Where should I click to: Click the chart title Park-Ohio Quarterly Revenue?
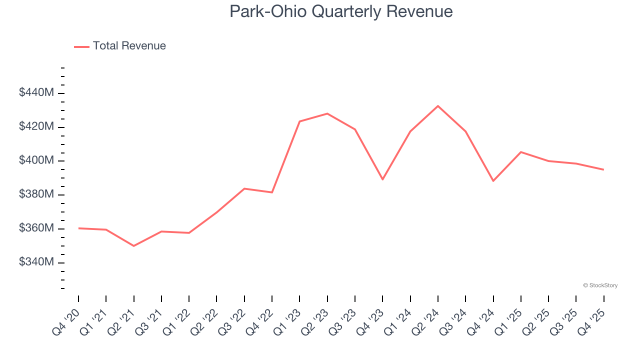point(341,11)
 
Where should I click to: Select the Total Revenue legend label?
point(129,46)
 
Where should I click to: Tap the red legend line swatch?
point(81,46)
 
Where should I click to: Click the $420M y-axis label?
point(36,126)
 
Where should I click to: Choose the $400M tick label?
point(36,160)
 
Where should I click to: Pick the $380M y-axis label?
point(36,194)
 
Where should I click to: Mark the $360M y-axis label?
point(36,228)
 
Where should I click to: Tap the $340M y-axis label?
point(36,262)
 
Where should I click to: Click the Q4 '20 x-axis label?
point(66,321)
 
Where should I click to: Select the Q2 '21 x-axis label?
point(121,321)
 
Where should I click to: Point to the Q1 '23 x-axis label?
point(287,321)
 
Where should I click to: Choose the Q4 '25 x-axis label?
point(591,321)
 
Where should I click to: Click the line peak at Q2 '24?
point(438,106)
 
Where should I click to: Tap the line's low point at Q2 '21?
point(134,246)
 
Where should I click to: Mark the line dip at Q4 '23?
point(382,179)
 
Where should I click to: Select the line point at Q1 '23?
point(299,121)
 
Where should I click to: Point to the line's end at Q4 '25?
point(603,169)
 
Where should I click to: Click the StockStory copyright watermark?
point(600,285)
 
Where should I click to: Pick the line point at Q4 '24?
point(493,181)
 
